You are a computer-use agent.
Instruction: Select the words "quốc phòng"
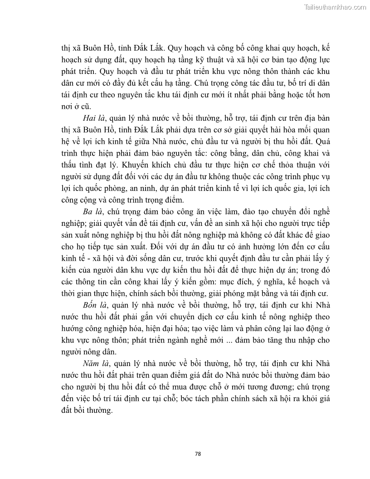[x=111, y=188]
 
